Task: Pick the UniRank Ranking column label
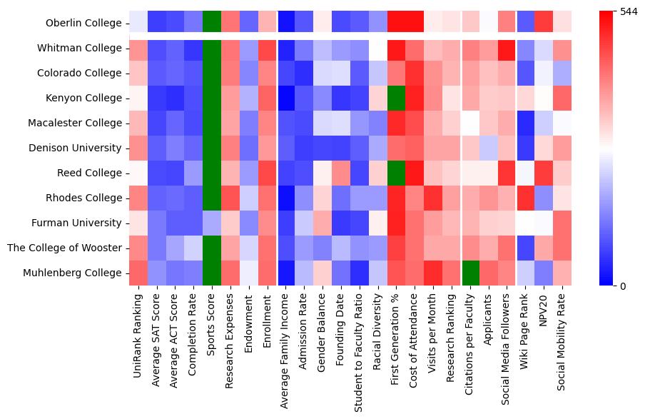pyautogui.click(x=138, y=329)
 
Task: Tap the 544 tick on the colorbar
pyautogui.click(x=629, y=12)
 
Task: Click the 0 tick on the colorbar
pyautogui.click(x=623, y=286)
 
